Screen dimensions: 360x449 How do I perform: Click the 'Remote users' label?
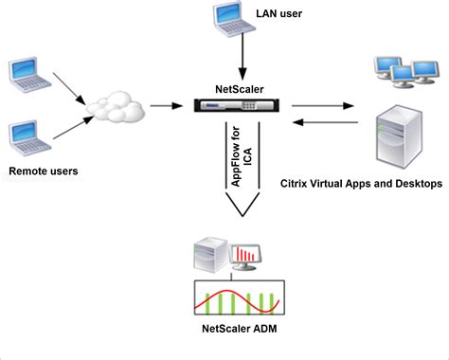43,171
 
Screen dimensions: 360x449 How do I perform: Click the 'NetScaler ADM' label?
238,329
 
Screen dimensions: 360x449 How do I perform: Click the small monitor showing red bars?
248,255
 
